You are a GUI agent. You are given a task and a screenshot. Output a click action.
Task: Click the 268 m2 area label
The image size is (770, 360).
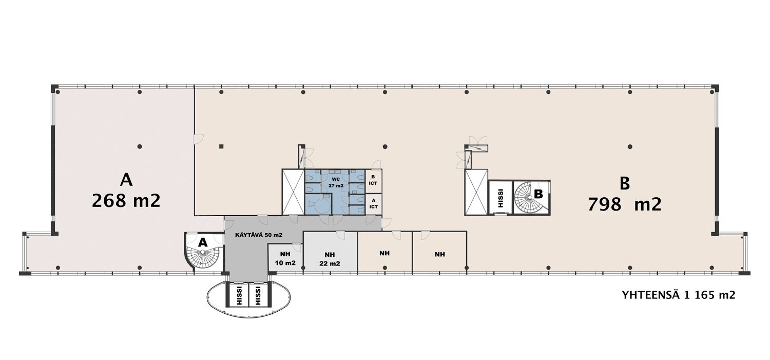(126, 201)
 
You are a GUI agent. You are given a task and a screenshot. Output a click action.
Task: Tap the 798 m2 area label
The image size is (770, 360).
(625, 204)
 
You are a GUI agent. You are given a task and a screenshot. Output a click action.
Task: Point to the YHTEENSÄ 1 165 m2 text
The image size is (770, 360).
(679, 295)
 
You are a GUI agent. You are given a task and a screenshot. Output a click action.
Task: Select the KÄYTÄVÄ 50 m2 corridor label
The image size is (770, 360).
(259, 235)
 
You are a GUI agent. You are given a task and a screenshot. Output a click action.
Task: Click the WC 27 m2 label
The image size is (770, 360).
(336, 182)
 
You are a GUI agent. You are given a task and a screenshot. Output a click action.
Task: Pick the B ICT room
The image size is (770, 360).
(373, 181)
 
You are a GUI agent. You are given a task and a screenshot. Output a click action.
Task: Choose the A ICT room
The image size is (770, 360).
(373, 204)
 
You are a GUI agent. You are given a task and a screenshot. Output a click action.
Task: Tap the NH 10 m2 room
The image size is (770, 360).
(285, 258)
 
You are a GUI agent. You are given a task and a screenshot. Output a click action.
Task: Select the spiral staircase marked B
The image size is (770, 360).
(531, 198)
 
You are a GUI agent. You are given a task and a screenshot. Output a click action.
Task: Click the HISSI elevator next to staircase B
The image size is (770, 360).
(500, 198)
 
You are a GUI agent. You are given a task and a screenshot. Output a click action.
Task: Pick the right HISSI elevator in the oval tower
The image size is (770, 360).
(258, 295)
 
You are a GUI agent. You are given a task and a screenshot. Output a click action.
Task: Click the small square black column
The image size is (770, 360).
(221, 146)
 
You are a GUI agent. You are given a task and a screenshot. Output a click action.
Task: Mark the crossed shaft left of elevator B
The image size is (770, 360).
(476, 192)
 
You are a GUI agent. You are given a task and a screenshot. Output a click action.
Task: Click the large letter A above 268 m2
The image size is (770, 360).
(126, 180)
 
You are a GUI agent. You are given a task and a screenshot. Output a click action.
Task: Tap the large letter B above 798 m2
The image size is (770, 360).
(625, 184)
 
